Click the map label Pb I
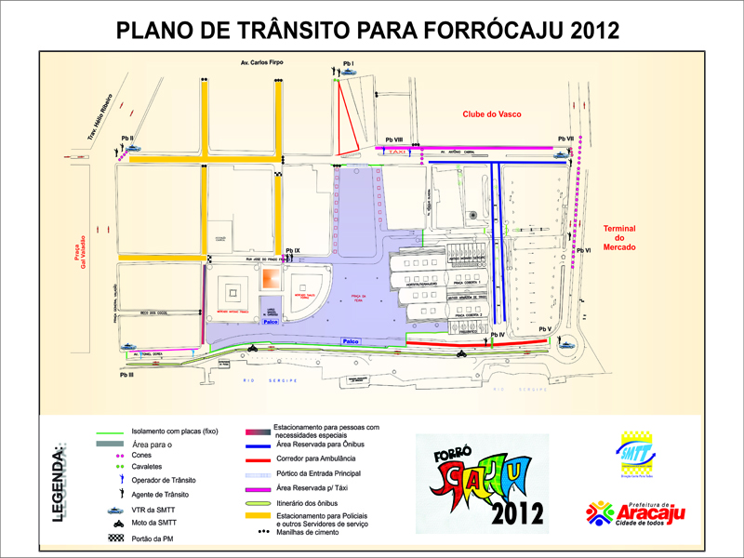(x=349, y=62)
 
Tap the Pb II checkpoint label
(x=127, y=139)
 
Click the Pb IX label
(x=293, y=251)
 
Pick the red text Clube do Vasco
(x=491, y=114)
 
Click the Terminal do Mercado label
(x=618, y=237)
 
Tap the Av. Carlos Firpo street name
(x=257, y=63)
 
